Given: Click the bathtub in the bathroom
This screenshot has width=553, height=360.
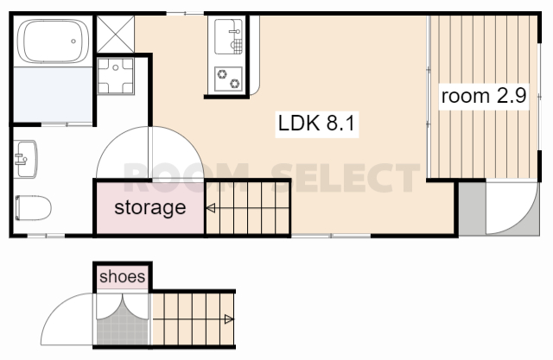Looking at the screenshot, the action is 53,41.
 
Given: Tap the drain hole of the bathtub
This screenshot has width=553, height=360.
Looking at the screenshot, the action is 73,41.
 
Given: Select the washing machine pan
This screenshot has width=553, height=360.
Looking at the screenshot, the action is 115,76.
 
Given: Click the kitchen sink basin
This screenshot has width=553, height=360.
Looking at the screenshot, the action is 228,36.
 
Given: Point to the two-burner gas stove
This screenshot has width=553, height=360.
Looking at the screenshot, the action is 228,79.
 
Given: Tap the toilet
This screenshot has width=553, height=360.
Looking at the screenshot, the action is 33,208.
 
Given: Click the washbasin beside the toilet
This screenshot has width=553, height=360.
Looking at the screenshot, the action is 25,159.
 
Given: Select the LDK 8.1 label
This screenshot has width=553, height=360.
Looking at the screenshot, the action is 316,123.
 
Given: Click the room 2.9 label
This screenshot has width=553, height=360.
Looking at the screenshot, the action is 484,96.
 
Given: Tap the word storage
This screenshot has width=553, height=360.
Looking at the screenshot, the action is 150,207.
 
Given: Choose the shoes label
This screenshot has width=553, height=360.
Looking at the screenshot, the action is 123,276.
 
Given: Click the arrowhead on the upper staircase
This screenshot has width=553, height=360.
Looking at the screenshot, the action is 211,208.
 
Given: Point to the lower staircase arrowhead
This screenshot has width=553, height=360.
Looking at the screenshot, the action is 229,319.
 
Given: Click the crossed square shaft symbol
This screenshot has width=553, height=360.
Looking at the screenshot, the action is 115,35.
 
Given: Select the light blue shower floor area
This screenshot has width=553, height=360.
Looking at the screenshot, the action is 53,94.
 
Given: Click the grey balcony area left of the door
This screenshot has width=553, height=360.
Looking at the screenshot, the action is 473,208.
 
